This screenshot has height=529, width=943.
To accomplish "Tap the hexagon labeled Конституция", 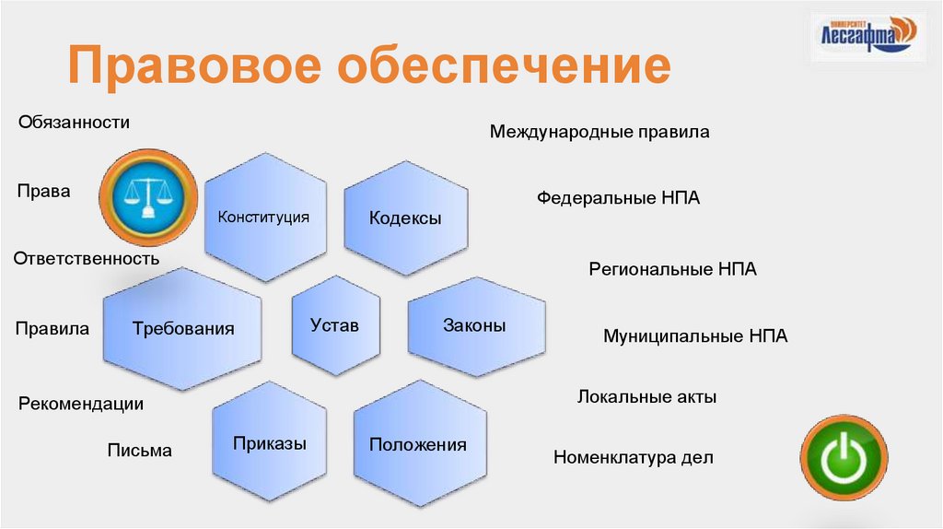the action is coord(263,217).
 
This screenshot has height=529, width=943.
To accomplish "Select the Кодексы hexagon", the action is coord(405,218).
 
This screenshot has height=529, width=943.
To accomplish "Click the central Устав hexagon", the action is coord(335,325).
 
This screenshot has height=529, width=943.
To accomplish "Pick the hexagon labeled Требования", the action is coord(183,329).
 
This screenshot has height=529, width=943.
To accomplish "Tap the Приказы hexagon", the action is coord(270,443).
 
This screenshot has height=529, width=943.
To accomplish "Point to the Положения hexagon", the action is coord(417,445).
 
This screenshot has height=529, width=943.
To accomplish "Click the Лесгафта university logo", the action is coord(866,34).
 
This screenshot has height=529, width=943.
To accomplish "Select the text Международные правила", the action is coord(600,132).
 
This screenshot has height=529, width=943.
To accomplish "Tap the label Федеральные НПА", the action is coord(619,197).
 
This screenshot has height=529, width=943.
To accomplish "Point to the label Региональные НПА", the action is coord(672,270).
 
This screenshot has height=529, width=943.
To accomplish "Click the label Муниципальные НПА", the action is coord(695,336).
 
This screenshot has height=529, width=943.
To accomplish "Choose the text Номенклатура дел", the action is coord(633,457).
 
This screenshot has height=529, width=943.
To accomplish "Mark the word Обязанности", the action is coord(74,122).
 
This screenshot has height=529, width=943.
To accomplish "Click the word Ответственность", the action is coord(87,259).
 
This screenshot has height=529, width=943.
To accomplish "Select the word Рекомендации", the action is coord(81,404).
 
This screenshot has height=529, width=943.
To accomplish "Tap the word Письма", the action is coord(139,451).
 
